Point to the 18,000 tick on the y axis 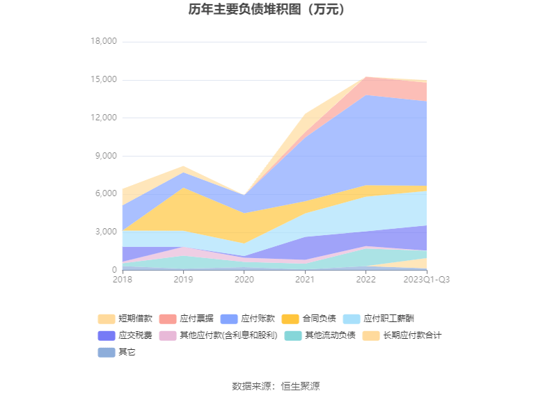click(104, 42)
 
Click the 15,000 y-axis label click(104, 80)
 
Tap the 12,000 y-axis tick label click(104, 118)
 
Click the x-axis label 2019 click(183, 280)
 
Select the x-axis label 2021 click(305, 280)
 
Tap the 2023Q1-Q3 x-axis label click(427, 280)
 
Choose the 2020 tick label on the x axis click(244, 280)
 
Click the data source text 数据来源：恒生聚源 click(276, 386)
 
